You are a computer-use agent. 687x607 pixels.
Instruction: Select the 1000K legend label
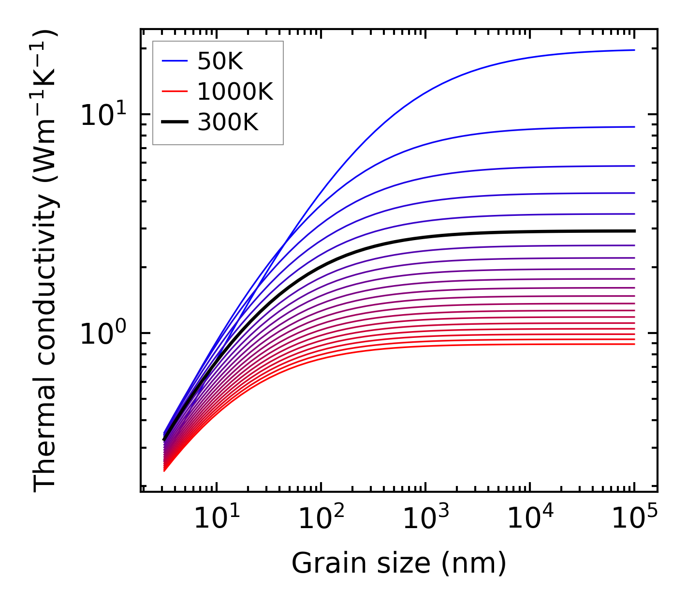click(235, 91)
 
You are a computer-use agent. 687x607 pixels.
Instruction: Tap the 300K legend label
click(228, 122)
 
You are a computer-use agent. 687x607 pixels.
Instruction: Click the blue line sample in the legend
click(174, 61)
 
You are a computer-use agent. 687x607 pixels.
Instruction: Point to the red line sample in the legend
click(174, 91)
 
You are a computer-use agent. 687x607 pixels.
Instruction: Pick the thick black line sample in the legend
click(174, 122)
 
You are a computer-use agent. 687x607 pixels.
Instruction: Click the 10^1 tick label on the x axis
click(216, 519)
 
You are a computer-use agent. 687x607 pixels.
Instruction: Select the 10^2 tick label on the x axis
click(321, 519)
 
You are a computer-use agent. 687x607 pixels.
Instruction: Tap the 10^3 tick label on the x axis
click(425, 519)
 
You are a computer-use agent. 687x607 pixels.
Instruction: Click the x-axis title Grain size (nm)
click(399, 563)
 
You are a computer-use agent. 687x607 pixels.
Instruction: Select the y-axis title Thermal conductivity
click(46, 261)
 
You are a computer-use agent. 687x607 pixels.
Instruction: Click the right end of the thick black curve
click(633, 231)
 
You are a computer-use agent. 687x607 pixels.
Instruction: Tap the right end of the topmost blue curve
click(633, 50)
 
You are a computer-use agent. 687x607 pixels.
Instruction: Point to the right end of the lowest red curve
click(633, 344)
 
